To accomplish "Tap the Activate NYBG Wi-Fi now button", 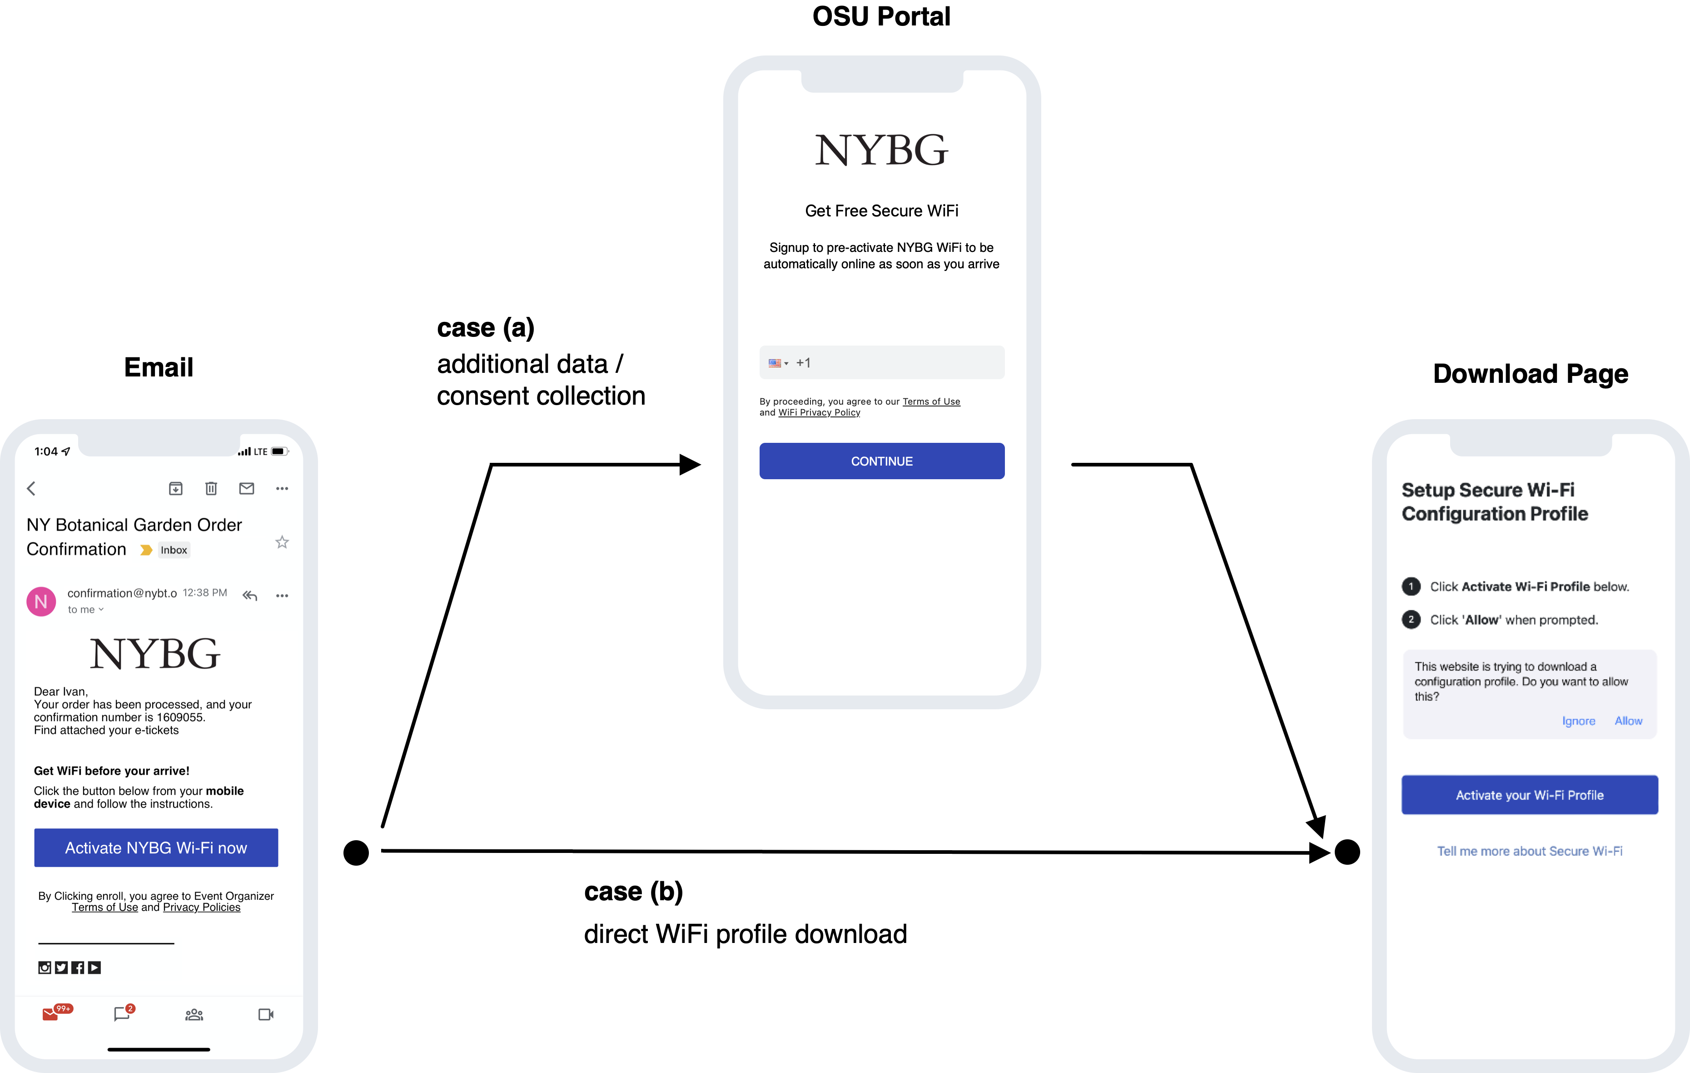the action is click(156, 847).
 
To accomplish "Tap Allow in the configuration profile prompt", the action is click(1628, 721).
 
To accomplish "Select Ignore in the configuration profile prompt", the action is click(1578, 721).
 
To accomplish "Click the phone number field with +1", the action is click(881, 362).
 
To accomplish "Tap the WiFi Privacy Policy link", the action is click(819, 413).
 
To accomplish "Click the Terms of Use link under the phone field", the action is click(931, 401).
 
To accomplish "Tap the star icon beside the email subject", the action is click(282, 542).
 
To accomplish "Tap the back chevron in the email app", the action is click(31, 488).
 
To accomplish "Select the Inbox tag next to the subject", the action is click(174, 550).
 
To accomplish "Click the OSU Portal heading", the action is click(881, 16).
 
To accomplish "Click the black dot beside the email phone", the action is click(356, 852).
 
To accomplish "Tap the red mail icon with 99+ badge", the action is click(50, 1014).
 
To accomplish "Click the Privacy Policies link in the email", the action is click(201, 907).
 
